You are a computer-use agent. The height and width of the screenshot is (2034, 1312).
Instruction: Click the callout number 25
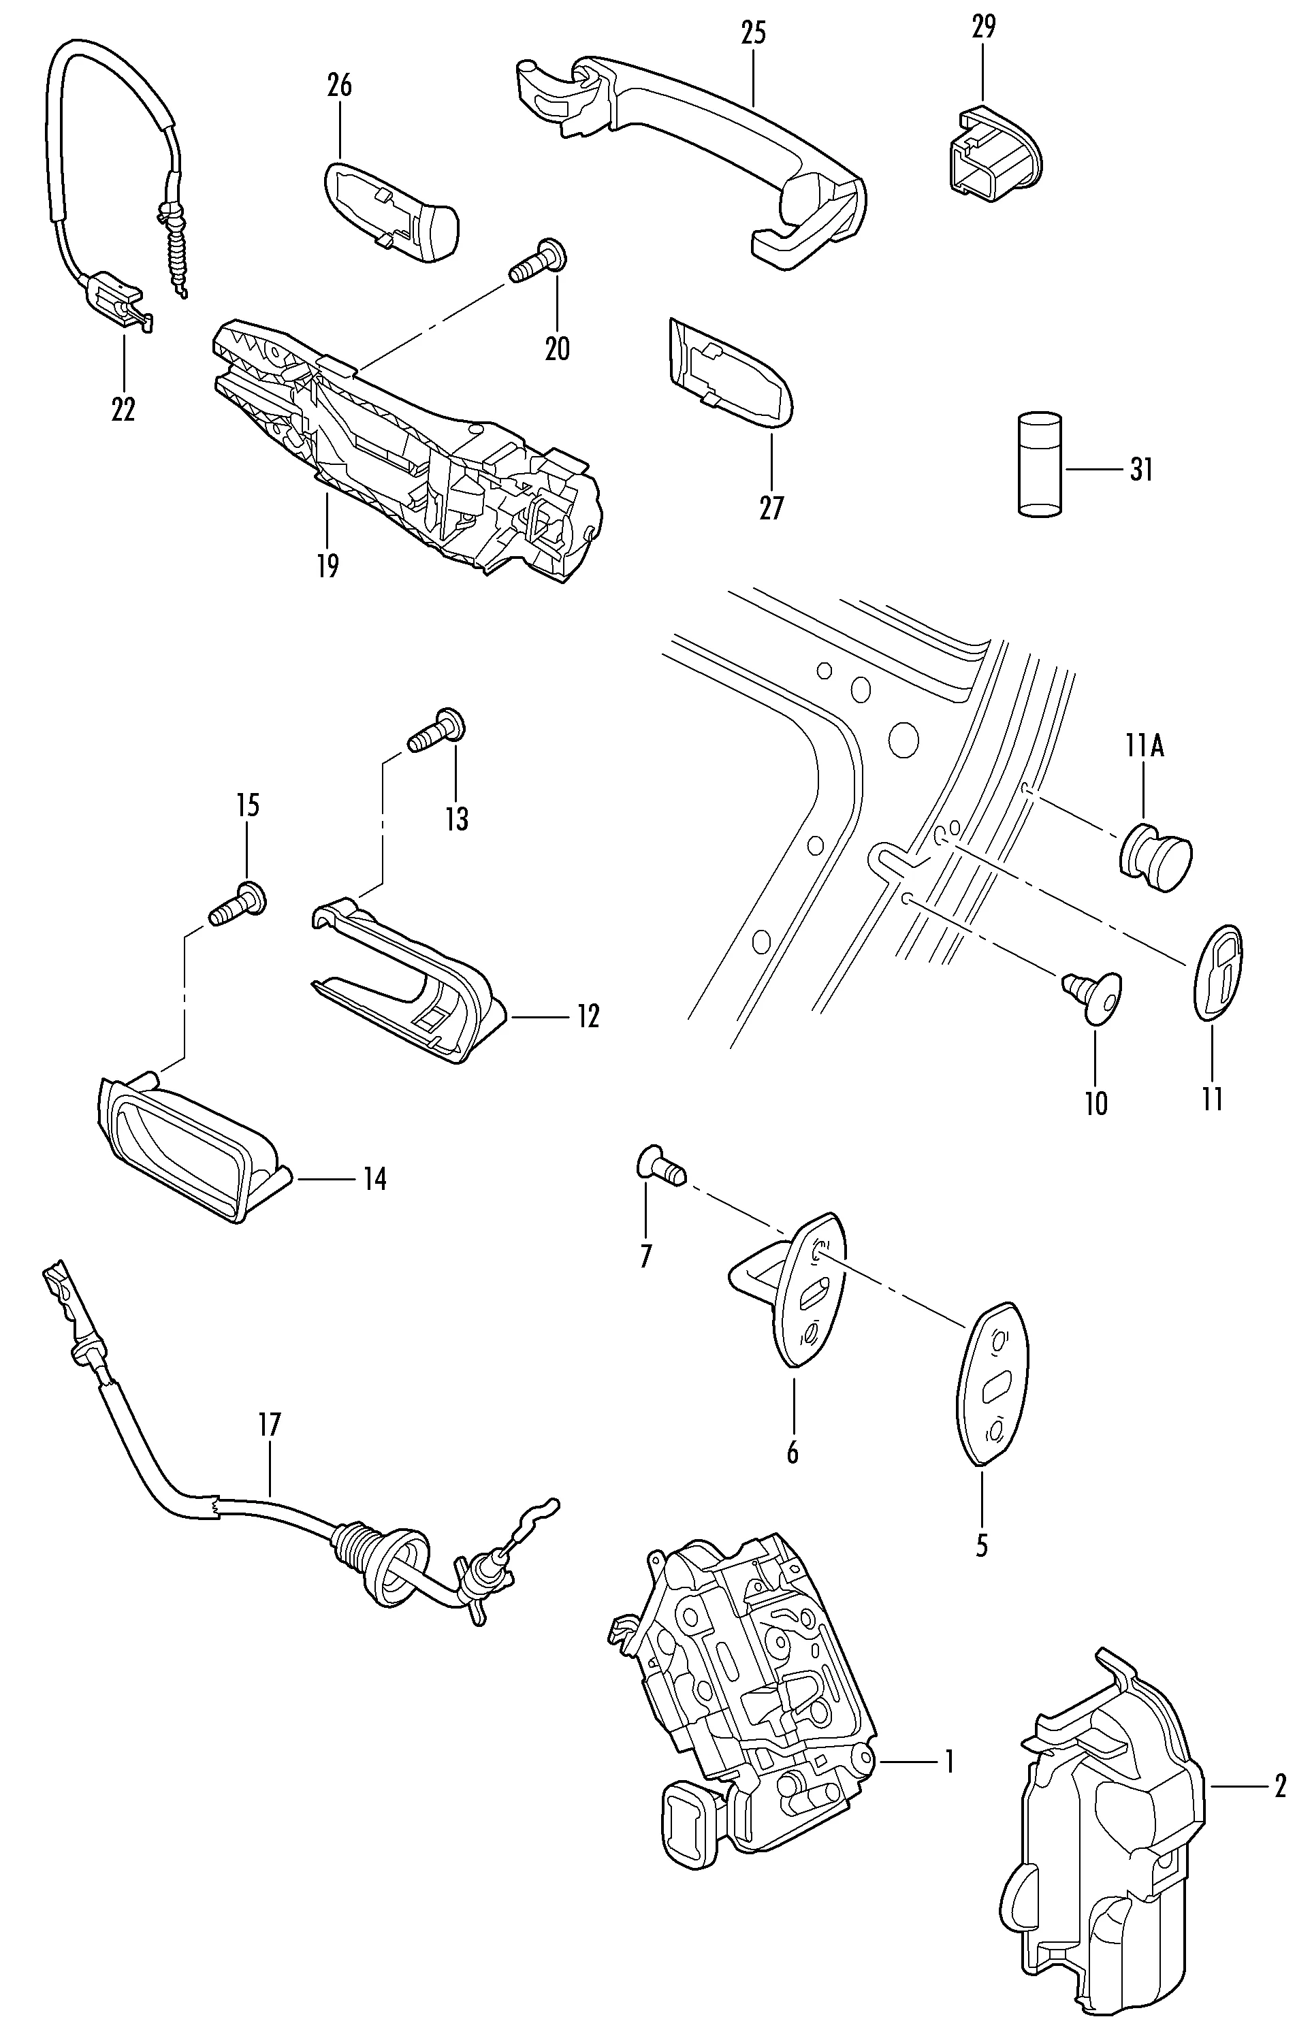[753, 33]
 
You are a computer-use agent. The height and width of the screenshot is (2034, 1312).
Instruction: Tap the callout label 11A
[1143, 747]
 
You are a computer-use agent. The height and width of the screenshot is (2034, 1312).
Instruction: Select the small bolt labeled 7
[660, 1163]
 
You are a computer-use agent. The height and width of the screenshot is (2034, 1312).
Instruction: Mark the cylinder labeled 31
[1040, 465]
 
